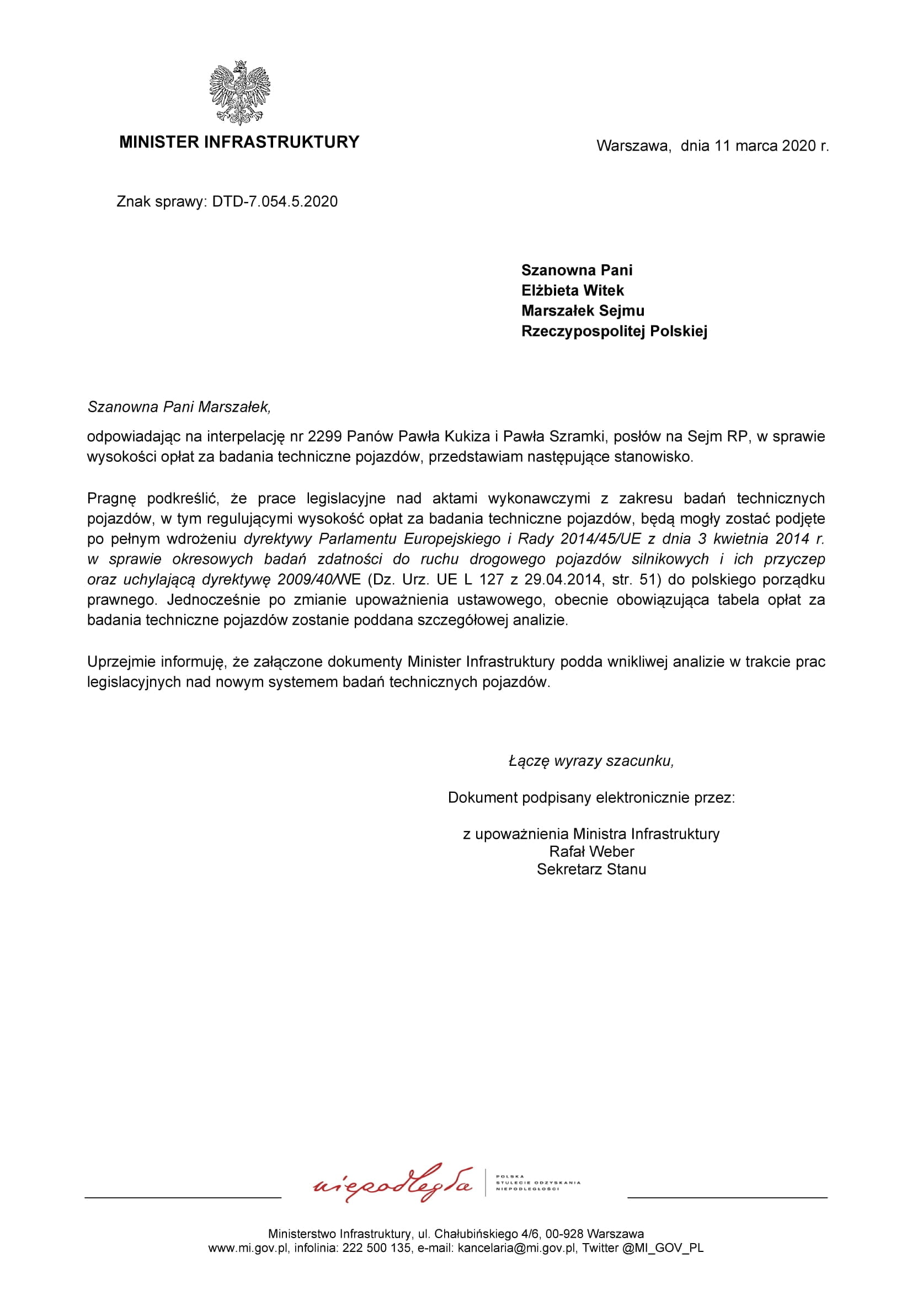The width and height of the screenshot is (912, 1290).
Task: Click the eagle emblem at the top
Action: coord(239,93)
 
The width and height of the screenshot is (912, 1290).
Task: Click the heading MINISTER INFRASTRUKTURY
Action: coord(239,142)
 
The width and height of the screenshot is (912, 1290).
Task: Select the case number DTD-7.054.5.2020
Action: coord(275,202)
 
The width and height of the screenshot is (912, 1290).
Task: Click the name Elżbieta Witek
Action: coord(572,290)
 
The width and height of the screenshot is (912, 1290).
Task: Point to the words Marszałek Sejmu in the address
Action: coord(583,311)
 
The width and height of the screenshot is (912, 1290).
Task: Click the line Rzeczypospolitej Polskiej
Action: coord(614,331)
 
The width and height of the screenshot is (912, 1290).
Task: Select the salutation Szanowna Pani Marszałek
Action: coord(179,407)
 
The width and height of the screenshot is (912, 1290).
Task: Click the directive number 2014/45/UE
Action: coord(601,539)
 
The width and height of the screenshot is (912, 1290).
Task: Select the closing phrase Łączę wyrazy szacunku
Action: coord(590,761)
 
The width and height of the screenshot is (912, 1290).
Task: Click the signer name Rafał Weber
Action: coord(591,851)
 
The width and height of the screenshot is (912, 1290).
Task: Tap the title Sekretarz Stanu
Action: coord(591,869)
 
